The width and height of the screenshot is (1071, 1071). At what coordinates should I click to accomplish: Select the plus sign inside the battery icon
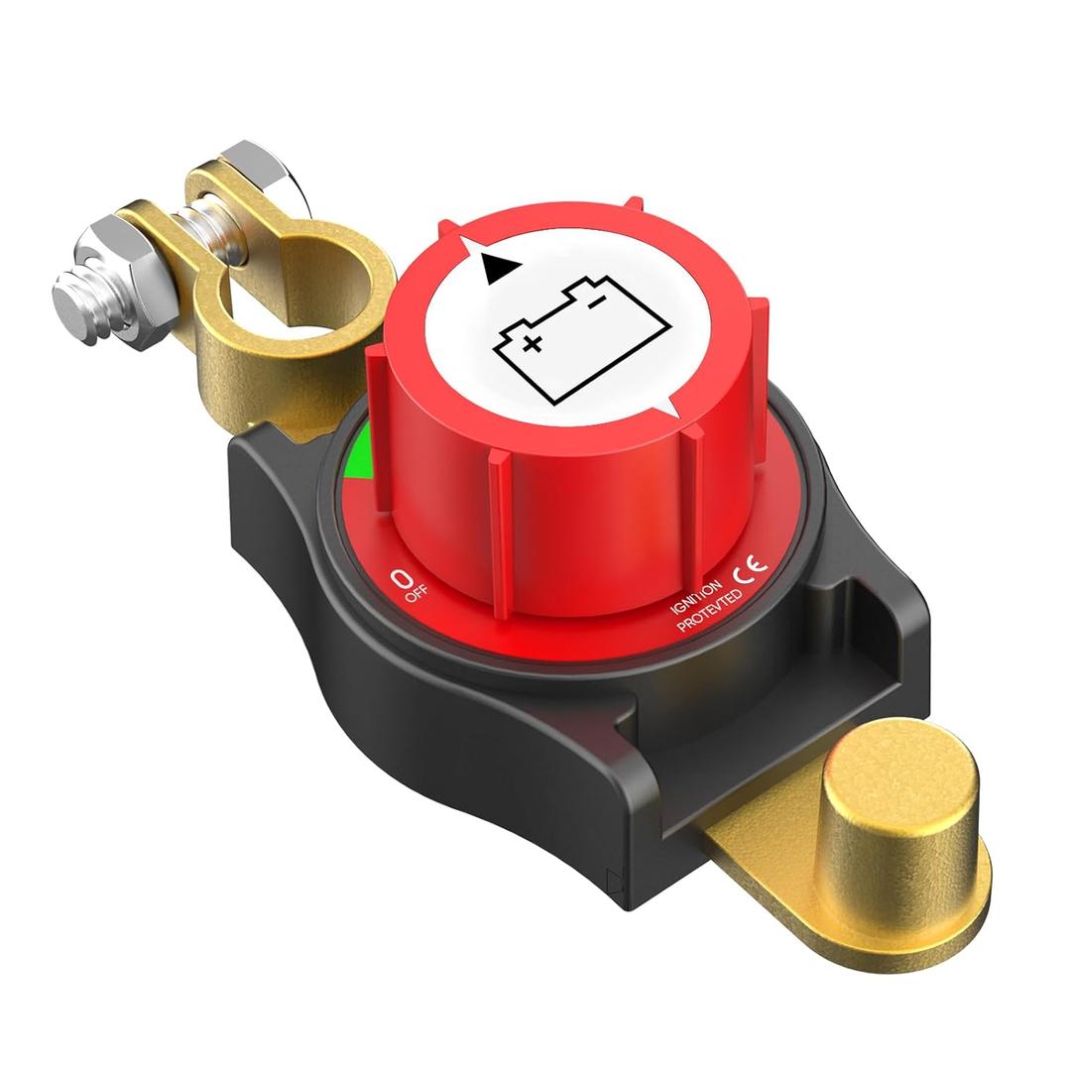[x=533, y=344]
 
